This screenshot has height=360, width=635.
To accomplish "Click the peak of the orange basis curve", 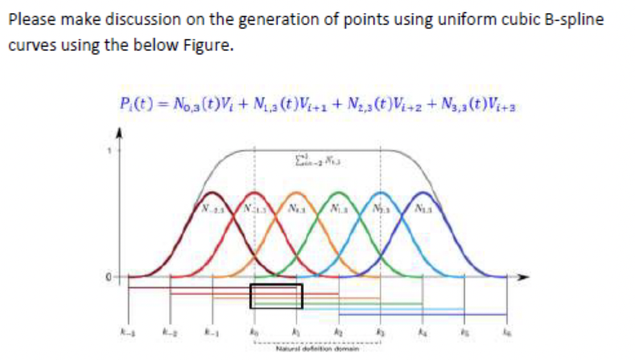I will (297, 192).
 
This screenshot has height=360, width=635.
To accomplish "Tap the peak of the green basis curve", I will (339, 192).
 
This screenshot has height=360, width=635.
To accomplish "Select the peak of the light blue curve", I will (381, 192).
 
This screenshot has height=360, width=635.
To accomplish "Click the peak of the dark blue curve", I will (423, 192).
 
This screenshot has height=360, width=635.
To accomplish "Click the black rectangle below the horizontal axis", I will (276, 296).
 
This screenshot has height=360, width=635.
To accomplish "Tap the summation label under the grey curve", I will (319, 162).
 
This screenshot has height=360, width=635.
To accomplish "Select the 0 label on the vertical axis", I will (110, 278).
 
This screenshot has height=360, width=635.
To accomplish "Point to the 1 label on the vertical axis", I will (110, 150).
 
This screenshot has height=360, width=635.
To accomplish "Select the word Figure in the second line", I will (203, 46).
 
